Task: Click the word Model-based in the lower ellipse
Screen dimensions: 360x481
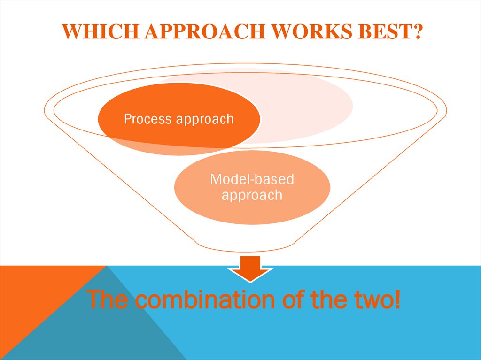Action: point(252,179)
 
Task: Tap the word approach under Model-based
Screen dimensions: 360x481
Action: point(252,195)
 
